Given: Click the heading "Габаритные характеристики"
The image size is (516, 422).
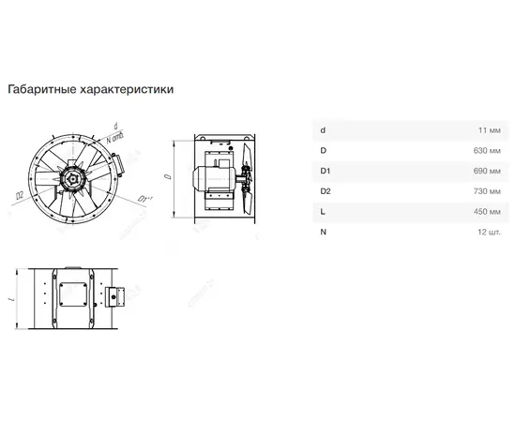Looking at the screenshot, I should [x=91, y=90].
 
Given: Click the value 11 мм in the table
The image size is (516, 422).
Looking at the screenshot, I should [x=489, y=129].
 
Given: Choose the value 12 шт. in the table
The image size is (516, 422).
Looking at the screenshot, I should [x=488, y=232].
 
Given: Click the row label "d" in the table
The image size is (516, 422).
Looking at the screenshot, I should [x=323, y=129].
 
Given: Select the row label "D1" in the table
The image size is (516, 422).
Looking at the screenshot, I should [x=325, y=170].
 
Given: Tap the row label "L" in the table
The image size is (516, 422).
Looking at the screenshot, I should [x=322, y=211].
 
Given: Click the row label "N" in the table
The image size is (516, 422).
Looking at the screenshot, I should [x=323, y=232].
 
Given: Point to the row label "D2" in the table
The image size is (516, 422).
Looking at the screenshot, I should [x=325, y=190].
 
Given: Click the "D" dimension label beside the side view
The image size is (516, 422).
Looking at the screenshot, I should [x=166, y=175].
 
